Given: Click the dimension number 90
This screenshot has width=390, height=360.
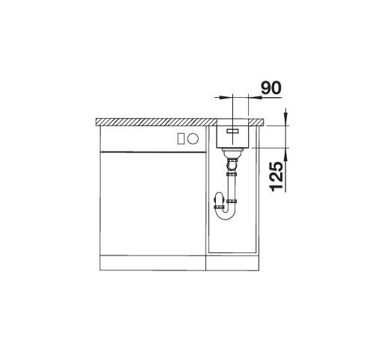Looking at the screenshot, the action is tap(271, 87).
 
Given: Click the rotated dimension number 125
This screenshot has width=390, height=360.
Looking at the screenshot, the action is tap(276, 176).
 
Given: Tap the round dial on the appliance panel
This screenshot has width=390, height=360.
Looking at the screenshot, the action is tap(194, 138).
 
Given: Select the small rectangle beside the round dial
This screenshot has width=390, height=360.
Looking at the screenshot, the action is tap(181, 138).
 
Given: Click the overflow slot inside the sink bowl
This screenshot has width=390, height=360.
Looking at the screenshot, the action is tap(232, 131).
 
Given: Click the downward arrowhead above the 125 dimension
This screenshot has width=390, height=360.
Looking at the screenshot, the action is tap(286, 117).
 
